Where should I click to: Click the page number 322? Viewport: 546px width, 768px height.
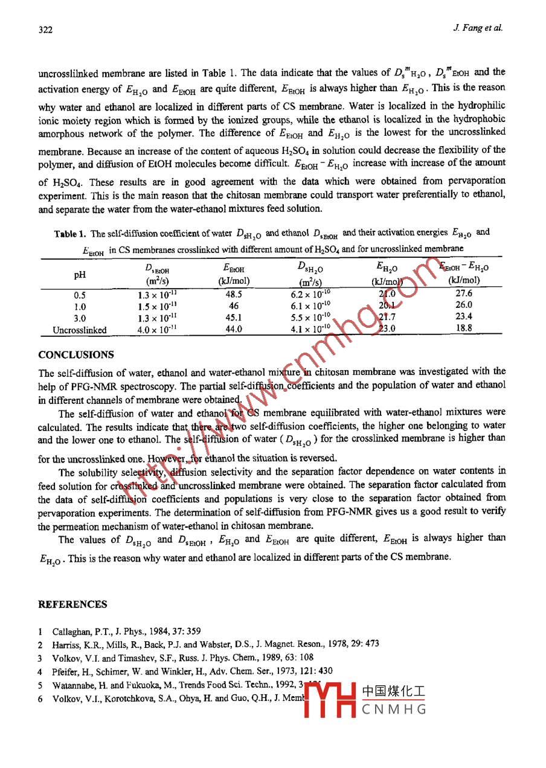click(x=45, y=28)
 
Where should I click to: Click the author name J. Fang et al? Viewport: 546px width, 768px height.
click(x=477, y=28)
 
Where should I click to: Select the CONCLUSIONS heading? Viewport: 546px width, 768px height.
click(x=75, y=355)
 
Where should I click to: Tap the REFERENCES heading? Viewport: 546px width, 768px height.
click(x=72, y=604)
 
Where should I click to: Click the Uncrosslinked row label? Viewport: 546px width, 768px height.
click(x=80, y=330)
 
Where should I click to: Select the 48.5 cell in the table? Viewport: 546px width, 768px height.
click(x=234, y=295)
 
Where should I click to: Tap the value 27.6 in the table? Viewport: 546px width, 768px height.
click(x=464, y=294)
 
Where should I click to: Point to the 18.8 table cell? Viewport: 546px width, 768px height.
click(x=464, y=329)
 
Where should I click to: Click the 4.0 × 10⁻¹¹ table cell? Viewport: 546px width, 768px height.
click(x=156, y=330)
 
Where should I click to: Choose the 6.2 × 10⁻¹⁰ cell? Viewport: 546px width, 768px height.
click(x=310, y=295)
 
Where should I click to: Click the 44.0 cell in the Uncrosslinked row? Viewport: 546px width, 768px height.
click(x=234, y=330)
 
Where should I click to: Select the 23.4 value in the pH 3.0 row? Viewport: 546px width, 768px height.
click(x=464, y=317)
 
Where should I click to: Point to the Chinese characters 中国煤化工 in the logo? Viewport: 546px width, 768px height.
click(x=394, y=693)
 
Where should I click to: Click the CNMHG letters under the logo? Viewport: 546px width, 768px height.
click(x=394, y=709)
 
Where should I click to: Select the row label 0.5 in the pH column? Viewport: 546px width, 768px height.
click(x=80, y=295)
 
